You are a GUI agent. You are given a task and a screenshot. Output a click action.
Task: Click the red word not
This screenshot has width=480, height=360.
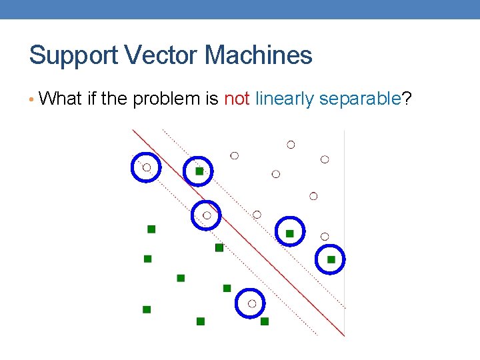tap(237, 99)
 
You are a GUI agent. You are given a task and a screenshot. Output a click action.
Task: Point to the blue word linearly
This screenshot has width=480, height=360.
tap(285, 99)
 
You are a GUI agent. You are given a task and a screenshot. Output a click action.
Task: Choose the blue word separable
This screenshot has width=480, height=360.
tap(360, 99)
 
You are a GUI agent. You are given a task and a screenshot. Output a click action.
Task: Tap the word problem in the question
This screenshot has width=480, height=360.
tap(167, 99)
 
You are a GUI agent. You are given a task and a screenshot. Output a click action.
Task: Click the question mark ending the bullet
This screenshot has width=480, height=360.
tap(407, 99)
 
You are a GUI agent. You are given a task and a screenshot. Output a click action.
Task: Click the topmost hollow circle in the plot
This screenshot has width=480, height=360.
tap(291, 145)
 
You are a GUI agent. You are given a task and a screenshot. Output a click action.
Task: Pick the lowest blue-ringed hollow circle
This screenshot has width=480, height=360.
tap(251, 303)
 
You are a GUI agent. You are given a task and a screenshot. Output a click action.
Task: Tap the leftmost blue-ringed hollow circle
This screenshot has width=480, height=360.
tap(147, 167)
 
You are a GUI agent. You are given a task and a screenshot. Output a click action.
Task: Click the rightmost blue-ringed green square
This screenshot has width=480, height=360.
tap(331, 259)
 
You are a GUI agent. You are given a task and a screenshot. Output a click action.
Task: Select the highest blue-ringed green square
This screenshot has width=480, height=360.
tap(199, 171)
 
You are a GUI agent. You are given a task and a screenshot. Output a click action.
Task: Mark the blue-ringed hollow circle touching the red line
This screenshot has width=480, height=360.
tap(207, 215)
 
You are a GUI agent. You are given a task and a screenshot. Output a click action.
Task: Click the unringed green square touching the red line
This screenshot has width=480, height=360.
tap(219, 247)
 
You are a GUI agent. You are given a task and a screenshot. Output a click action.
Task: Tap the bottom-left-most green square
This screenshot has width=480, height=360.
tap(147, 309)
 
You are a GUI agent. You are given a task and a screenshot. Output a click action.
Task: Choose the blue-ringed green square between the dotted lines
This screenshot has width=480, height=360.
tap(289, 233)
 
